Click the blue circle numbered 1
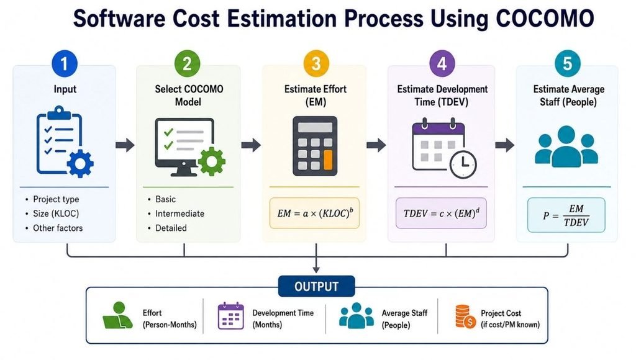(65, 63)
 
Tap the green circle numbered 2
(187, 63)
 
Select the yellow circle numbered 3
(316, 63)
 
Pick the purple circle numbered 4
(442, 63)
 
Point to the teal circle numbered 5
(568, 63)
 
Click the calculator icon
(315, 146)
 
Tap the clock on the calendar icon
(463, 164)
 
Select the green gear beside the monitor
(211, 161)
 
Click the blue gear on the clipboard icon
(80, 163)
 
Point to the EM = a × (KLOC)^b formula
(315, 214)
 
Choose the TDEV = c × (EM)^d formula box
(441, 214)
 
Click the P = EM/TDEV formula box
(566, 215)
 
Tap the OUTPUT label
(316, 286)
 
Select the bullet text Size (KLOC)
(56, 214)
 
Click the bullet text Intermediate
(179, 214)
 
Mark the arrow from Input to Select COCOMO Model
(125, 145)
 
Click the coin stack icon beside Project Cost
(465, 317)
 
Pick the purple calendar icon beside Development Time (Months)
(231, 316)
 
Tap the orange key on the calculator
(328, 160)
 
